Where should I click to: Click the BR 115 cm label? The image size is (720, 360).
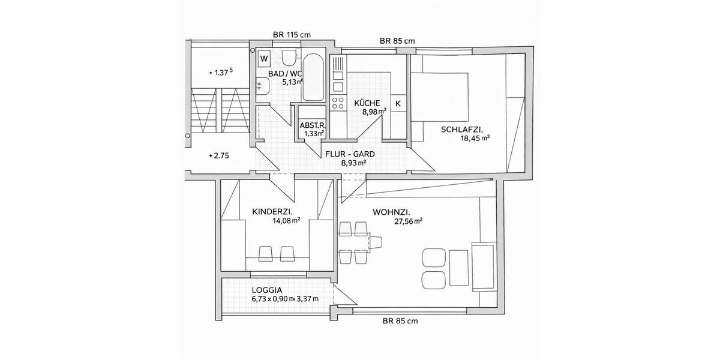tap(292, 35)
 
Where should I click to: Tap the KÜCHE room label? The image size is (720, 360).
tap(367, 103)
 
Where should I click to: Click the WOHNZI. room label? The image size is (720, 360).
tap(391, 212)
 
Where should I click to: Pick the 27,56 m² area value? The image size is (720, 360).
tap(409, 221)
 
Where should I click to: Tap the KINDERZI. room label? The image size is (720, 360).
tap(272, 211)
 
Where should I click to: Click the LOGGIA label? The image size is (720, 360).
tap(267, 289)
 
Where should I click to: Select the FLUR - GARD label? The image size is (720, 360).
tap(350, 154)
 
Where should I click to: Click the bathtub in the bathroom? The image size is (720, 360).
tap(313, 78)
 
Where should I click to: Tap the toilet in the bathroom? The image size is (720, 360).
tap(289, 58)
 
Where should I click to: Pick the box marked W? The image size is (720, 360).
tap(264, 59)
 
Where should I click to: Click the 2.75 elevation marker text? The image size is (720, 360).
tap(220, 155)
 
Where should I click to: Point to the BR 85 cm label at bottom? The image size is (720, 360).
tap(400, 321)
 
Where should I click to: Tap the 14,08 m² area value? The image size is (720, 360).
tap(286, 221)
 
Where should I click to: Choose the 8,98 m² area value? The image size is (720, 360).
tap(374, 112)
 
